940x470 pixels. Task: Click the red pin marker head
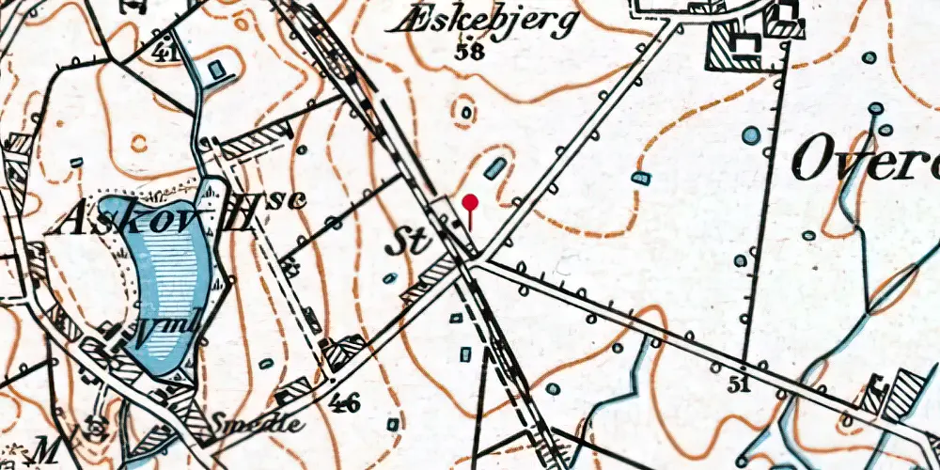click(x=471, y=202)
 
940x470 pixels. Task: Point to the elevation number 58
click(x=467, y=53)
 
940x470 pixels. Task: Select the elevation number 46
click(x=345, y=404)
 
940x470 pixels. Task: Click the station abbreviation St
click(x=409, y=243)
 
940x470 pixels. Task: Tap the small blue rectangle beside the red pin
click(x=495, y=169)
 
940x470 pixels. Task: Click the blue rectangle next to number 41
click(x=217, y=69)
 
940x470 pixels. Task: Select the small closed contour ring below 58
click(x=463, y=113)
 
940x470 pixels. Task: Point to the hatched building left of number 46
click(x=294, y=389)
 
